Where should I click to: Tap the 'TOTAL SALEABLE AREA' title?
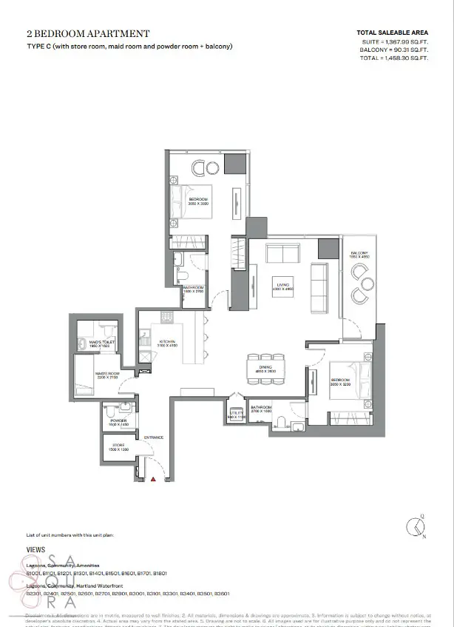(x=392, y=33)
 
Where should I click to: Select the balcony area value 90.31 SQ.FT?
(x=408, y=50)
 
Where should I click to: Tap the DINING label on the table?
(x=265, y=368)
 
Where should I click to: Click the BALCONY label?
(x=359, y=254)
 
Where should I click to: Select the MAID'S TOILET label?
(x=100, y=343)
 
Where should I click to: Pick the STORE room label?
(x=120, y=448)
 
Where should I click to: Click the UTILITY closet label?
(x=236, y=417)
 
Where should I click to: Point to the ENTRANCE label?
(x=154, y=437)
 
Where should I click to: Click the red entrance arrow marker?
(x=153, y=480)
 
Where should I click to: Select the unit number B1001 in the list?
(x=34, y=573)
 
